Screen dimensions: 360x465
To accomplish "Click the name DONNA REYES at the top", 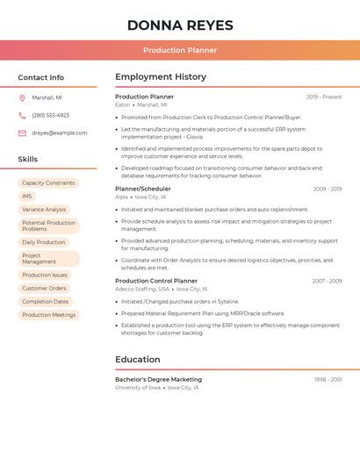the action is [180, 25].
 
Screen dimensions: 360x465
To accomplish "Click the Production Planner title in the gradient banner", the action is [180, 50].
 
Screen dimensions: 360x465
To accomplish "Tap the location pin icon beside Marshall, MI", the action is [22, 97].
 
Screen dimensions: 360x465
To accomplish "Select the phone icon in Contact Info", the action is [22, 115].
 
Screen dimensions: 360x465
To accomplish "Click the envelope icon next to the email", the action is [22, 133].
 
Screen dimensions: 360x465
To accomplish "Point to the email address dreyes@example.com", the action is [60, 133].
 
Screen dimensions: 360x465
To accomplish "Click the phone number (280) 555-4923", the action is [50, 115].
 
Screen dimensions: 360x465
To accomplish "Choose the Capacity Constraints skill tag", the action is [48, 183].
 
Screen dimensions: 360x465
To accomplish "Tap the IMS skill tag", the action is [27, 197].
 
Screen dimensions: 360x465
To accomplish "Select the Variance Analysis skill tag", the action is [44, 210].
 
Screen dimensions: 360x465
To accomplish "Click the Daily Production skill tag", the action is [44, 242].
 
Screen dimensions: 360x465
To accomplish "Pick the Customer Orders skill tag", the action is [44, 289].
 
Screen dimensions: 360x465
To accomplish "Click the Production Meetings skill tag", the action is [49, 315].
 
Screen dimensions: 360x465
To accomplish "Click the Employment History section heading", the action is [161, 77].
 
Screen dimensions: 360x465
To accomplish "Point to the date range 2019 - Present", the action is [324, 97].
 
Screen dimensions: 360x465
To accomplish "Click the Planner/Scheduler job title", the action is [143, 189].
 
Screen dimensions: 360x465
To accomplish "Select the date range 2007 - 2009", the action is [327, 281].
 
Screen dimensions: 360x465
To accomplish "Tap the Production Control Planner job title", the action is [156, 281].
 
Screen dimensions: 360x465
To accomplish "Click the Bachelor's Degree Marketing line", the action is [158, 380].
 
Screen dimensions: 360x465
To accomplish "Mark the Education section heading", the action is [138, 360].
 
